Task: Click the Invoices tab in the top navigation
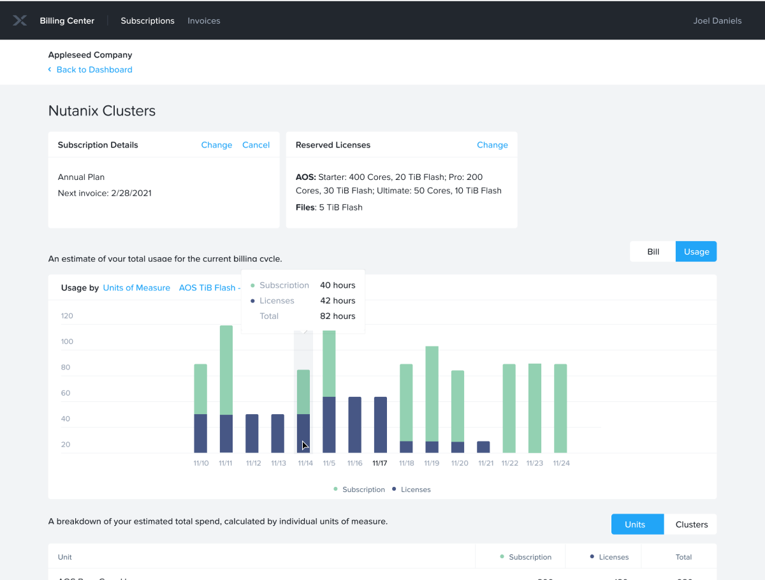[x=204, y=21]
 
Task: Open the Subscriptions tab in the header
[x=147, y=21]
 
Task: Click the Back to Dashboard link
[x=94, y=70]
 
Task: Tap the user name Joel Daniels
[x=717, y=21]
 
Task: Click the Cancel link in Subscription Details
[x=256, y=145]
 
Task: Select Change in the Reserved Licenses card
[x=492, y=145]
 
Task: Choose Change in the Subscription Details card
[x=216, y=145]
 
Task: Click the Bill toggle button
[x=653, y=251]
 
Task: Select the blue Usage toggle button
[x=696, y=251]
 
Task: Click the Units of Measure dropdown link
[x=136, y=288]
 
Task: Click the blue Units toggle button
[x=635, y=524]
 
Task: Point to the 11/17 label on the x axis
[x=380, y=463]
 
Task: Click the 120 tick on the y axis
[x=67, y=316]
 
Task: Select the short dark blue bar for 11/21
[x=484, y=447]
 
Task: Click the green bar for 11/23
[x=535, y=408]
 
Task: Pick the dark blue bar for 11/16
[x=354, y=425]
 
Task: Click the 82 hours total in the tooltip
[x=337, y=316]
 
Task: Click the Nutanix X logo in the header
[x=20, y=21]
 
